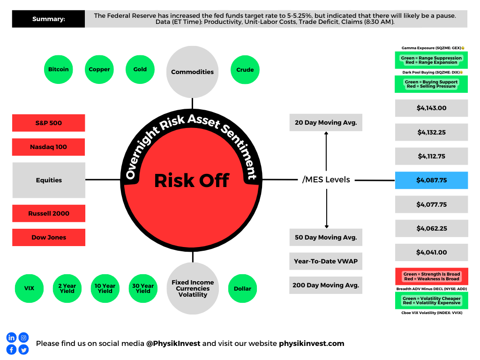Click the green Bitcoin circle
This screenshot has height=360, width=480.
click(x=59, y=69)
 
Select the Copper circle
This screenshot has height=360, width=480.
click(x=99, y=69)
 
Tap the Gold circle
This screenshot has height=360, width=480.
click(x=140, y=69)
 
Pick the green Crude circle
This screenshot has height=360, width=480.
click(x=245, y=70)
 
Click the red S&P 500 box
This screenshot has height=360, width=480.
click(x=49, y=123)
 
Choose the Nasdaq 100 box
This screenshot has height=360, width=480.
click(x=49, y=147)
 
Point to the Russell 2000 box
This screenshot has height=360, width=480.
click(x=49, y=213)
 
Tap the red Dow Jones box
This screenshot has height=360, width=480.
click(x=49, y=237)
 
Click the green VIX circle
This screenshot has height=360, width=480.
click(x=29, y=288)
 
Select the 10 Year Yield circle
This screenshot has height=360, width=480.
click(x=105, y=288)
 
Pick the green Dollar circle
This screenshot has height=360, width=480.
click(x=242, y=288)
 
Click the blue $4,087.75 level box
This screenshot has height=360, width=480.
click(x=431, y=180)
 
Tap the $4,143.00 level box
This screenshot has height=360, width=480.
click(x=431, y=108)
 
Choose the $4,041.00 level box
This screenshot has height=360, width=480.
click(x=431, y=252)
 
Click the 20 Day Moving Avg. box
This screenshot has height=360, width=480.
click(x=326, y=122)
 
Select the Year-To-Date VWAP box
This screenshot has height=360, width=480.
click(x=326, y=261)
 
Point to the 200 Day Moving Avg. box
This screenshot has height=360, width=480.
click(x=326, y=285)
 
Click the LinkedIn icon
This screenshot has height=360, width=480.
click(x=11, y=337)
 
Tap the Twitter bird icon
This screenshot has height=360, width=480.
click(x=23, y=350)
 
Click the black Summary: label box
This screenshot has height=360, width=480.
click(x=48, y=19)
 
